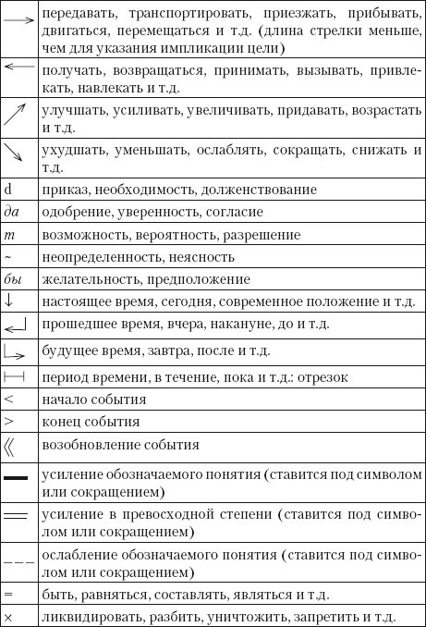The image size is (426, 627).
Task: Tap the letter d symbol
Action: pyautogui.click(x=8, y=189)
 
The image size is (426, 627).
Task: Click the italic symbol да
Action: pyautogui.click(x=12, y=212)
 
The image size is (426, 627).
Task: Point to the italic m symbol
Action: pyautogui.click(x=8, y=234)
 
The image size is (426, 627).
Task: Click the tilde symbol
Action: pyautogui.click(x=7, y=256)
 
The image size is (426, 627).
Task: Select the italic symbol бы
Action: pyautogui.click(x=12, y=278)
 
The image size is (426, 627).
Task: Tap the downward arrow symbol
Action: pyautogui.click(x=8, y=301)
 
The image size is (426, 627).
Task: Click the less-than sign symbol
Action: pyautogui.click(x=8, y=400)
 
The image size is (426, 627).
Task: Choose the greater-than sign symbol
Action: pyautogui.click(x=8, y=423)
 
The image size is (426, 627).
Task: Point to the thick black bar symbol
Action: pyautogui.click(x=18, y=479)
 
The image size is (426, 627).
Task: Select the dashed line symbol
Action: pyautogui.click(x=18, y=561)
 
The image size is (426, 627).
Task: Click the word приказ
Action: pyautogui.click(x=62, y=190)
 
